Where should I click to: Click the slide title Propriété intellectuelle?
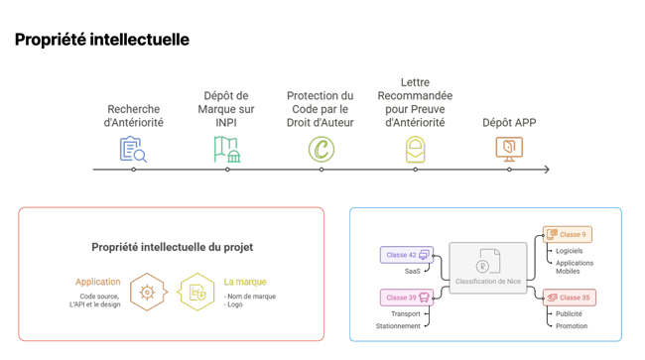(101, 40)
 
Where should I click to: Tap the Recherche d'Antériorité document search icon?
(133, 150)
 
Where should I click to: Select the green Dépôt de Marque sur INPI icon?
(227, 150)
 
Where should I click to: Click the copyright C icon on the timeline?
(321, 150)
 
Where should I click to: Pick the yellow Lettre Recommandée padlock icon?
(415, 150)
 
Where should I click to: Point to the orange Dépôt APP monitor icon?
(509, 149)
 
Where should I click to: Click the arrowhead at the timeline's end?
(546, 170)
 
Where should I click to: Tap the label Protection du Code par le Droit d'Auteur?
(321, 109)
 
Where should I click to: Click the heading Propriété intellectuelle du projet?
(172, 247)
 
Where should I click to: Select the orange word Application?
(98, 282)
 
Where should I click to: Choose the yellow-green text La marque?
(245, 282)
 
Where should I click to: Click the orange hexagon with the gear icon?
(147, 293)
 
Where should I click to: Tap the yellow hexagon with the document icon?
(196, 293)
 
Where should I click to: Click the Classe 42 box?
(407, 255)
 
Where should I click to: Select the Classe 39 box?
(407, 298)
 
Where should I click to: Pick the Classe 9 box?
(567, 235)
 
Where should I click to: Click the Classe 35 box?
(569, 298)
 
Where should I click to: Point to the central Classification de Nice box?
(487, 268)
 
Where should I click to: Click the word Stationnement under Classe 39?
(398, 326)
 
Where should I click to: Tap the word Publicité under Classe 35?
(569, 313)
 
